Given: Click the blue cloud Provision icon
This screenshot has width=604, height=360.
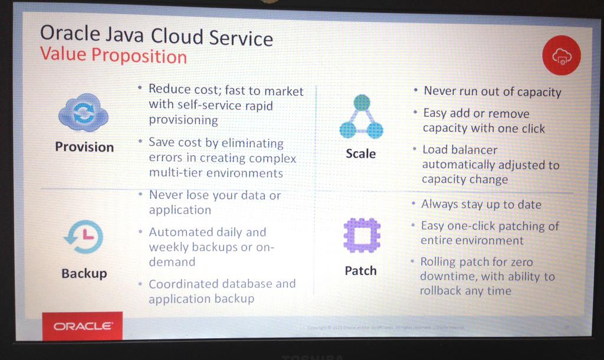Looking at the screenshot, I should click(x=83, y=113).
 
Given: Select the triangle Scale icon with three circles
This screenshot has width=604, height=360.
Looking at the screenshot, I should click(x=361, y=117).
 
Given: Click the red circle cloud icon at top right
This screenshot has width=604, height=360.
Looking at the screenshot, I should click(x=561, y=55).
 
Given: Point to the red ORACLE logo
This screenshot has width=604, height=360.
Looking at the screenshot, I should click(x=82, y=326).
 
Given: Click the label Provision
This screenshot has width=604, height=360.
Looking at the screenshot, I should click(x=84, y=146).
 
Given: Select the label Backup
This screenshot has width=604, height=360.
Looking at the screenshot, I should click(x=84, y=273).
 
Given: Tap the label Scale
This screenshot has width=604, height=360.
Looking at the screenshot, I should click(x=360, y=153).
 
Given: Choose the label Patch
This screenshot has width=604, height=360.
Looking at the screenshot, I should click(x=360, y=270).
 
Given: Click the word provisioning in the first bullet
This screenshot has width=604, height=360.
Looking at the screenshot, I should click(x=183, y=120).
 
